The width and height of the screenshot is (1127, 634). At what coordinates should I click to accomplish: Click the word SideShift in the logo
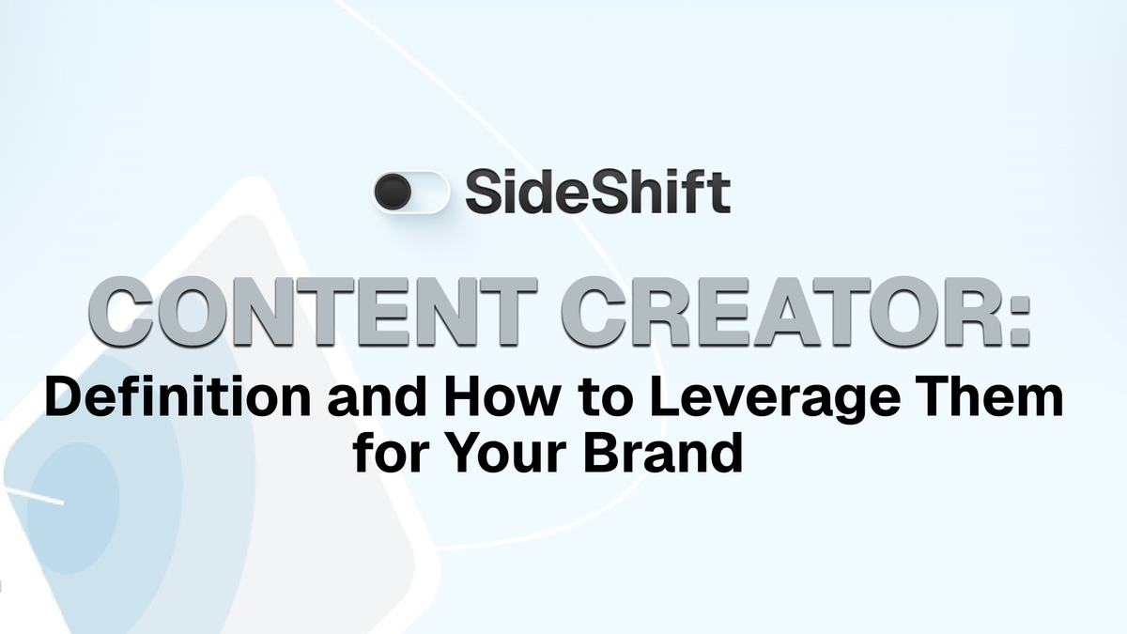coord(597,193)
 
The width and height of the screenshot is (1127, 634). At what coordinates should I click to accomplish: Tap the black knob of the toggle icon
coord(393,193)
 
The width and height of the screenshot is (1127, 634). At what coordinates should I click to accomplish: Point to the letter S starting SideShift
coord(484,193)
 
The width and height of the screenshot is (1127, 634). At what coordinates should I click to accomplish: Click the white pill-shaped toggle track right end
coord(437,193)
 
